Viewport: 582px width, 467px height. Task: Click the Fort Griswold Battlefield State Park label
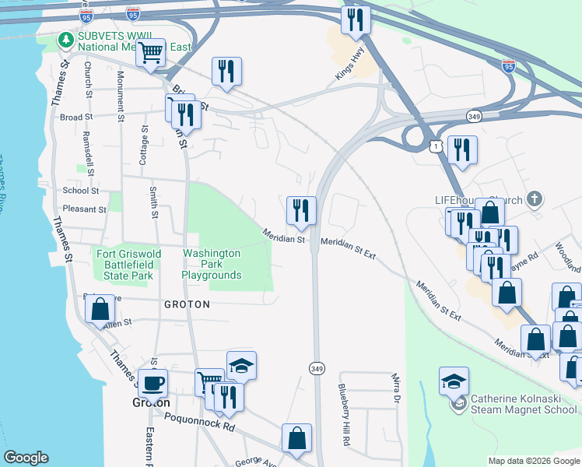tap(124, 265)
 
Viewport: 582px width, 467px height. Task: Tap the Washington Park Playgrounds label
tap(211, 265)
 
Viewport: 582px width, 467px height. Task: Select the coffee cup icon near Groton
tap(153, 382)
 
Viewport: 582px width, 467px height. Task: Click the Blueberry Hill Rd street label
tap(343, 413)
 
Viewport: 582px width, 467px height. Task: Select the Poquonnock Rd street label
tap(199, 422)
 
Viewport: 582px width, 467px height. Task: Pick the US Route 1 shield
tap(436, 145)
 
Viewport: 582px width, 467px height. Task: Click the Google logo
tap(27, 458)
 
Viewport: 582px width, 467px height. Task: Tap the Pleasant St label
tap(84, 209)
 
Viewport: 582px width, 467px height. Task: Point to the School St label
tap(81, 190)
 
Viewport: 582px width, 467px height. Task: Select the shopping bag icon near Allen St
tap(100, 309)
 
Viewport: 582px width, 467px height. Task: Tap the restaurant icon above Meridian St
tap(301, 209)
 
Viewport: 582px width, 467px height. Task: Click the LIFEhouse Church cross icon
tap(533, 199)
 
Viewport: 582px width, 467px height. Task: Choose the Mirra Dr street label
tap(395, 389)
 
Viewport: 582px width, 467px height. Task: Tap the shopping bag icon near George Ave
tap(297, 437)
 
